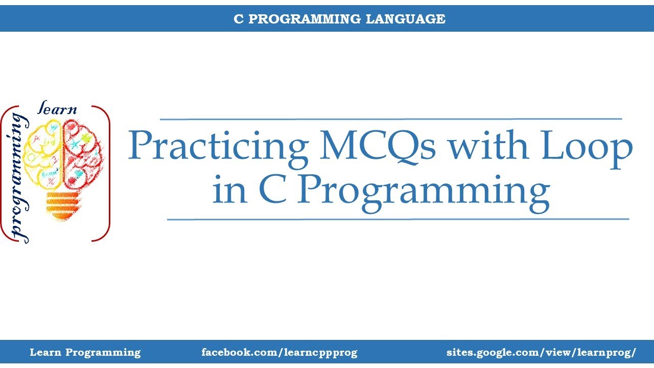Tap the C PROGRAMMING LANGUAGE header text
click(339, 19)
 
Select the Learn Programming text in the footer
click(85, 352)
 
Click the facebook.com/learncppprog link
click(279, 352)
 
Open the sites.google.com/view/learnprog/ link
click(541, 352)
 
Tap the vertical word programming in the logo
click(19, 176)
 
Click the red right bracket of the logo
click(105, 174)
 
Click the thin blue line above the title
click(391, 119)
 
